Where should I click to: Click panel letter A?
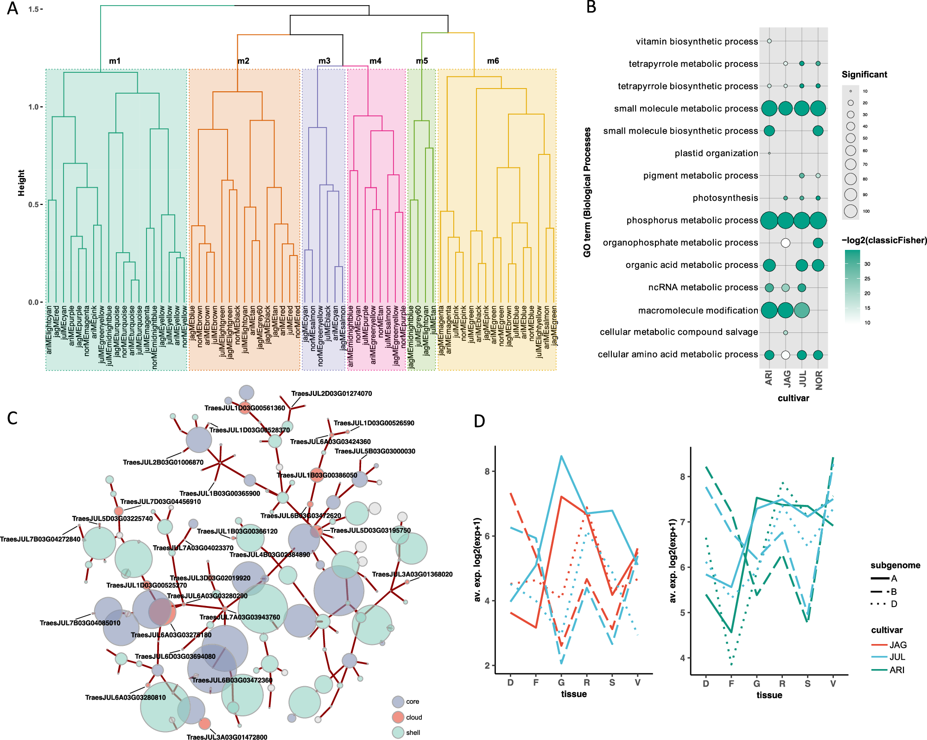pos(13,8)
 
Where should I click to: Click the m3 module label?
pos(324,61)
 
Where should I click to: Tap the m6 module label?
pos(493,61)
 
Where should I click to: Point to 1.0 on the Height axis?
pos(34,107)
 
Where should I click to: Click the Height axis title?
pos(21,183)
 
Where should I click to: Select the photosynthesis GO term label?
pos(725,198)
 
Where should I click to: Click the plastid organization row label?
pos(716,153)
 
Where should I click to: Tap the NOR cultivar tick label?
pos(819,380)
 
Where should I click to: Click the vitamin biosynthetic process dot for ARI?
pos(769,41)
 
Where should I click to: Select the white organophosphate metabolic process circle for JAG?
pos(785,242)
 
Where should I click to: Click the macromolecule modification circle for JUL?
pos(801,310)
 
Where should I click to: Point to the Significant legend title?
pos(864,75)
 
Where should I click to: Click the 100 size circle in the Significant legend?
pos(851,211)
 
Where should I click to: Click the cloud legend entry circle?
pos(398,717)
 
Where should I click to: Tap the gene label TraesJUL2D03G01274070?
pos(331,394)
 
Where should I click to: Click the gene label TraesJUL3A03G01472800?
pos(227,737)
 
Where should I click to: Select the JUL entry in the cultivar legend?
pos(897,657)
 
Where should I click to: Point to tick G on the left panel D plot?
pos(561,683)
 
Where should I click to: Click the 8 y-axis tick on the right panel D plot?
pos(682,477)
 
